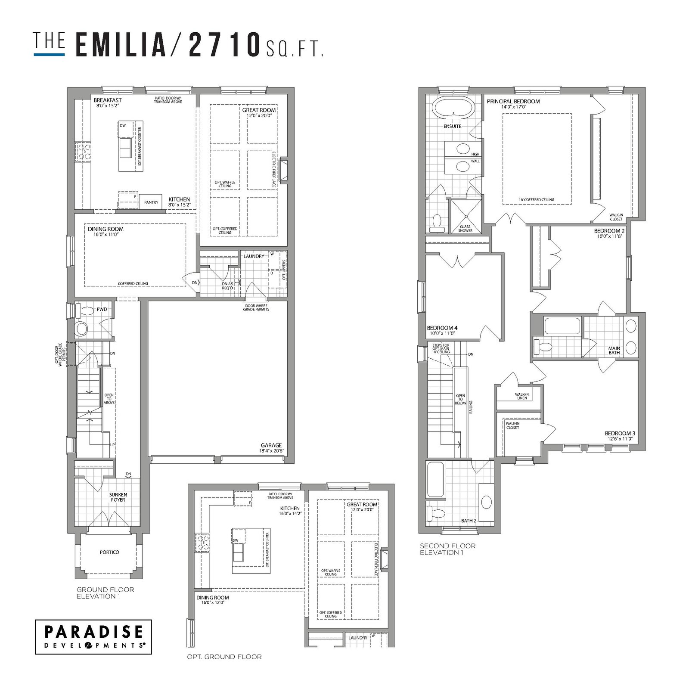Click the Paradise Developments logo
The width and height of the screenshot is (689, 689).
tap(93, 637)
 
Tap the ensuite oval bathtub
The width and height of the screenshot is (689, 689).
tap(452, 107)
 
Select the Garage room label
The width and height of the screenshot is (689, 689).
tap(271, 445)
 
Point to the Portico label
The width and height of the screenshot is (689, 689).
tap(109, 552)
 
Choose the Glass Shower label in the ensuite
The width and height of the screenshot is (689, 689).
tap(465, 229)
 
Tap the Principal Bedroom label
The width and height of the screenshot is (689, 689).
tap(513, 101)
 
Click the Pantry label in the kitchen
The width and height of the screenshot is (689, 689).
tap(151, 202)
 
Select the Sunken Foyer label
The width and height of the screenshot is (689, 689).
tap(118, 497)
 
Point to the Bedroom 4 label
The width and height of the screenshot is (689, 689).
tap(442, 328)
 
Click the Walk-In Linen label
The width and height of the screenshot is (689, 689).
tap(522, 396)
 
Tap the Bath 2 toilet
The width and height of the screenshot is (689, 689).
tap(435, 513)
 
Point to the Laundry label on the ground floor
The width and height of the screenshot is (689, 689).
tap(254, 256)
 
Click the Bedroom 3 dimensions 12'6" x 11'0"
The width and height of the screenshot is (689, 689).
tap(620, 439)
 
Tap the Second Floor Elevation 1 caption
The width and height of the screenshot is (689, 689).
tap(448, 549)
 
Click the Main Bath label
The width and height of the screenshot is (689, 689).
tap(614, 351)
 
